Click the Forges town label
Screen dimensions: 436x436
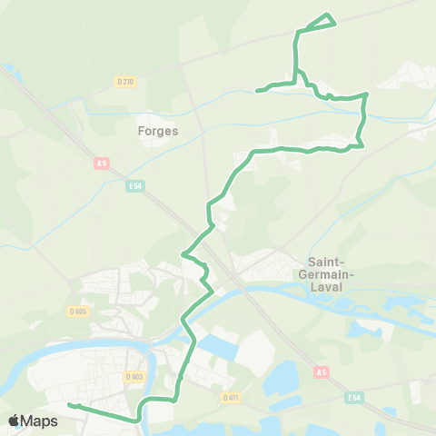(158, 130)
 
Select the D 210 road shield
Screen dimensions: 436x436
(125, 82)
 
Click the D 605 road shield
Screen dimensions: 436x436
(77, 311)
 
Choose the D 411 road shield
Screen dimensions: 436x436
(231, 397)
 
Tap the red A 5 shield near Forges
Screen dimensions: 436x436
(101, 163)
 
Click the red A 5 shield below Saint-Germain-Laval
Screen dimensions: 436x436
(321, 372)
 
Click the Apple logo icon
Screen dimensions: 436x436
(15, 421)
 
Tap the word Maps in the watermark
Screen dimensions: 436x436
(41, 421)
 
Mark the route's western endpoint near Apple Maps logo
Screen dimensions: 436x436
(69, 404)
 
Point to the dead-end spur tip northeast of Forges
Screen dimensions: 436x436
(257, 90)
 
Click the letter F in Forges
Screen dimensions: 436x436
(141, 130)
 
